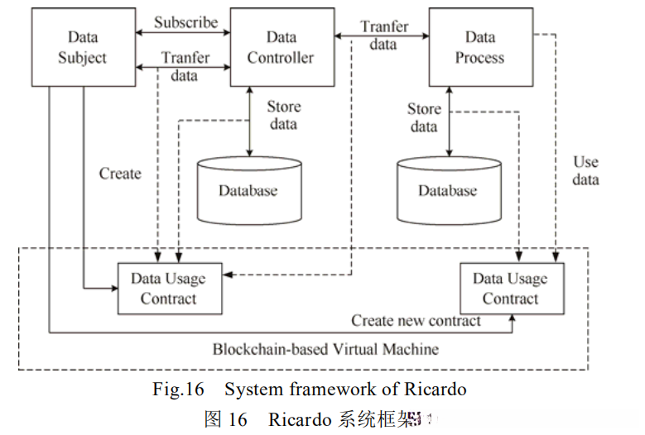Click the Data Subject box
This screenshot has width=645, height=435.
pos(83,46)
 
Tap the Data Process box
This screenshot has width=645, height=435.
pos(479,47)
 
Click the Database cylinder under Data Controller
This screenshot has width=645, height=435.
pos(248,190)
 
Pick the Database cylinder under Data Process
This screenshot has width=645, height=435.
pos(447,190)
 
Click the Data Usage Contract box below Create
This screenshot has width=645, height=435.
pos(169,288)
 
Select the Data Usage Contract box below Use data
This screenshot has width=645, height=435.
pos(510,289)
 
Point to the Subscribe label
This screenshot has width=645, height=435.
pos(185,22)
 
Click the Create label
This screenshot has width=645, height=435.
pos(120,174)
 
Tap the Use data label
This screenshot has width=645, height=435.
pos(585,170)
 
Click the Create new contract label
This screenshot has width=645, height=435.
pos(416,320)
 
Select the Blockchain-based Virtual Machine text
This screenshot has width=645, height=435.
pos(325,349)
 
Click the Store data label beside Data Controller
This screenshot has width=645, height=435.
pos(283,116)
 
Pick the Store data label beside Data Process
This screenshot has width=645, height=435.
pos(424,117)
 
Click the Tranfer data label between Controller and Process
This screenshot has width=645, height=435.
pos(384,35)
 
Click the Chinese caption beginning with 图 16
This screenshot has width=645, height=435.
pos(315,419)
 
